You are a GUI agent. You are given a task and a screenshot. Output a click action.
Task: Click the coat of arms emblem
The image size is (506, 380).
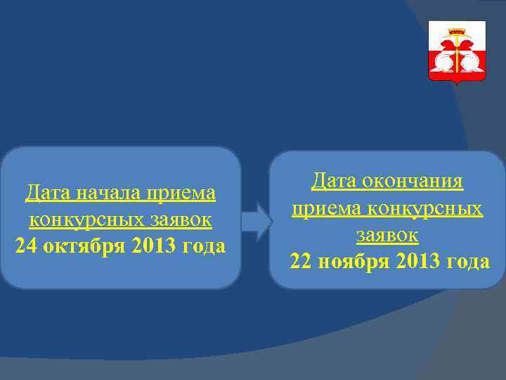click(457, 52)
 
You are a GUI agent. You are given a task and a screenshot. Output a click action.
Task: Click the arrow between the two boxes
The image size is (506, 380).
click(256, 221)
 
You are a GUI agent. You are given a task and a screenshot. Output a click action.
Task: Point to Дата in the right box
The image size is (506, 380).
click(335, 182)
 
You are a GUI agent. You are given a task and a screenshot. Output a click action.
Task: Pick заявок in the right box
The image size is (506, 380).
click(387, 234)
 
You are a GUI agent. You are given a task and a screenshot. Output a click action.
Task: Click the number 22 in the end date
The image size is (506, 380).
click(302, 262)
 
